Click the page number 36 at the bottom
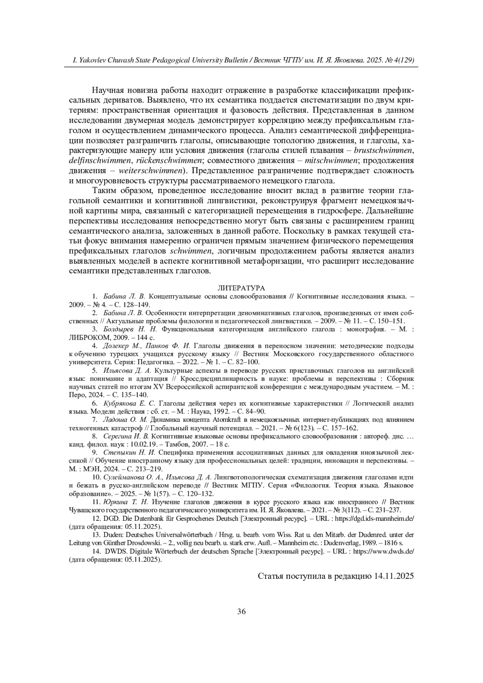pyautogui.click(x=242, y=611)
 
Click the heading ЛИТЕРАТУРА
pyautogui.click(x=241, y=288)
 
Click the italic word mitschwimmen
pyautogui.click(x=332, y=161)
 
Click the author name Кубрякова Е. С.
pyautogui.click(x=129, y=403)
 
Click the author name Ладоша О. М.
pyautogui.click(x=125, y=420)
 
